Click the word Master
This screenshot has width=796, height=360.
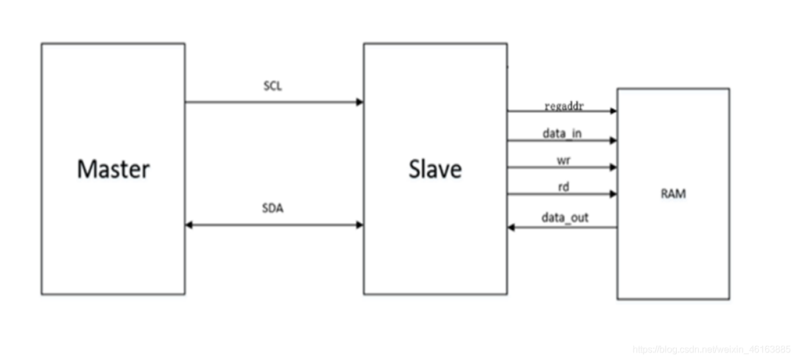(x=113, y=169)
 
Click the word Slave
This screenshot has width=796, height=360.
(x=435, y=169)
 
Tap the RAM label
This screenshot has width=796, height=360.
(x=673, y=194)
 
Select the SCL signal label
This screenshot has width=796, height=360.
(x=272, y=87)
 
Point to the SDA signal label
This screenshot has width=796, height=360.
(x=272, y=209)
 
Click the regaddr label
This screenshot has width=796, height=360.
(x=563, y=106)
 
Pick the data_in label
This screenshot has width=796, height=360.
(x=562, y=134)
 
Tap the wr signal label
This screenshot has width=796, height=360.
(x=563, y=161)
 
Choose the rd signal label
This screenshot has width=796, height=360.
(x=563, y=187)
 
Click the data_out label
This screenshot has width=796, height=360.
(x=565, y=218)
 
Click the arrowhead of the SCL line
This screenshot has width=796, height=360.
(x=360, y=102)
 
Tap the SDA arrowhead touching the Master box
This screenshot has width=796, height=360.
(x=189, y=225)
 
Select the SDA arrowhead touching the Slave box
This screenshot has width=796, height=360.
(x=360, y=225)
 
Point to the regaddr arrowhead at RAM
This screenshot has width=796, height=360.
(x=613, y=111)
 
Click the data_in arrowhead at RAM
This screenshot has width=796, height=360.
(x=613, y=140)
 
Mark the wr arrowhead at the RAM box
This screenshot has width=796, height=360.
(x=613, y=167)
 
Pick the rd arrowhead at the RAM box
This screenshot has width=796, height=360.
(x=613, y=194)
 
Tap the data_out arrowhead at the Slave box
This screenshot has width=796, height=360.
(x=511, y=227)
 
